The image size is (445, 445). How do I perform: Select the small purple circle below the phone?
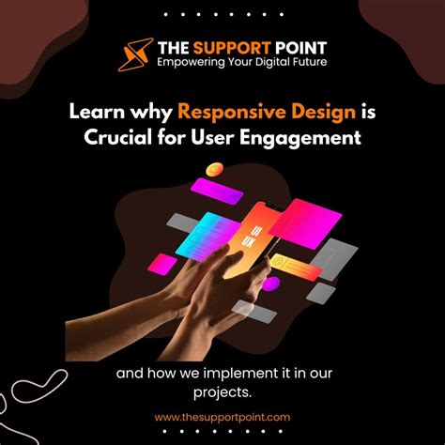point(271,283)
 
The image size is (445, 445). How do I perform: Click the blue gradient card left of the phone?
point(201,235)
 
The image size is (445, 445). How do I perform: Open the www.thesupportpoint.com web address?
point(222,417)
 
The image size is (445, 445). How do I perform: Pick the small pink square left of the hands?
point(165,264)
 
